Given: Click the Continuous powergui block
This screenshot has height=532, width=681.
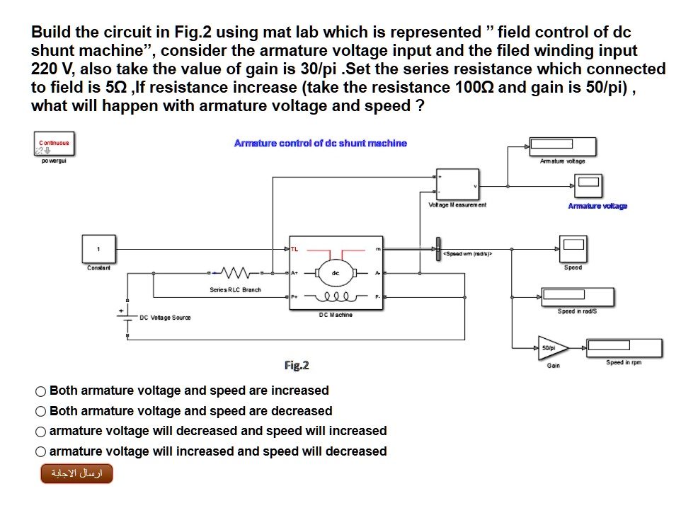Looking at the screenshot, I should pyautogui.click(x=54, y=145).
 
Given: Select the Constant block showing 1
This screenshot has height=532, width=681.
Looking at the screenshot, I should pyautogui.click(x=99, y=249).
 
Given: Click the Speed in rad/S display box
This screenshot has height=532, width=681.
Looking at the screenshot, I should pyautogui.click(x=576, y=296).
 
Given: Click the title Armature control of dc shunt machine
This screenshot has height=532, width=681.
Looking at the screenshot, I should pyautogui.click(x=320, y=143).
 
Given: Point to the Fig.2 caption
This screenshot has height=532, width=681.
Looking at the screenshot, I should pyautogui.click(x=297, y=366).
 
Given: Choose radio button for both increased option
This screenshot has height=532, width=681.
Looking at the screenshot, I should pyautogui.click(x=41, y=391).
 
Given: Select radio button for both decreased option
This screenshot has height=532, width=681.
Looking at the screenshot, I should pyautogui.click(x=41, y=412).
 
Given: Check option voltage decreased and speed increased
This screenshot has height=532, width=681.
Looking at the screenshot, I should pyautogui.click(x=41, y=432).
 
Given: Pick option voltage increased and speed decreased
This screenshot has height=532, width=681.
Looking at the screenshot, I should pyautogui.click(x=41, y=452).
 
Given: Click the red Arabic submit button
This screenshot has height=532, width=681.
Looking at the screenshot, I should pyautogui.click(x=76, y=473).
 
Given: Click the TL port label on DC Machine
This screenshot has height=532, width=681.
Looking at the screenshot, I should pyautogui.click(x=295, y=249).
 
